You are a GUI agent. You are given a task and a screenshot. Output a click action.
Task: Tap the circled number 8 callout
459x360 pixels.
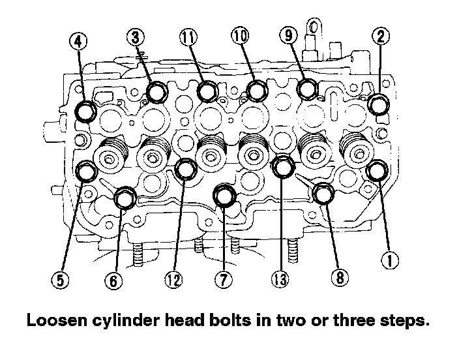(x=338, y=278)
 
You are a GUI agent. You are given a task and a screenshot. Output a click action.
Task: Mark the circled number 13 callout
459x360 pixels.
(x=278, y=280)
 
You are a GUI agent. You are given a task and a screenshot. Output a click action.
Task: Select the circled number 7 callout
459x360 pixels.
(x=223, y=280)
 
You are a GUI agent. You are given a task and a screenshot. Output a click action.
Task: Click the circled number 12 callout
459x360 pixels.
(x=173, y=280)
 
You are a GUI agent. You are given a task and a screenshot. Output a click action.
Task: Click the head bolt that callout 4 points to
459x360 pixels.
(x=85, y=112)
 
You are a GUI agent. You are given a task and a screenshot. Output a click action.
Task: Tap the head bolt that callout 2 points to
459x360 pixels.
(x=379, y=103)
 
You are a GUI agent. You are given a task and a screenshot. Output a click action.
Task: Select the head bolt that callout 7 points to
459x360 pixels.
(x=225, y=194)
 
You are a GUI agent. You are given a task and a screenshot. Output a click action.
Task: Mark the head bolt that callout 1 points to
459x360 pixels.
(x=376, y=171)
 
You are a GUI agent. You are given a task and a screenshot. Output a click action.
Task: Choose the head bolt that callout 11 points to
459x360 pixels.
(x=207, y=92)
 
